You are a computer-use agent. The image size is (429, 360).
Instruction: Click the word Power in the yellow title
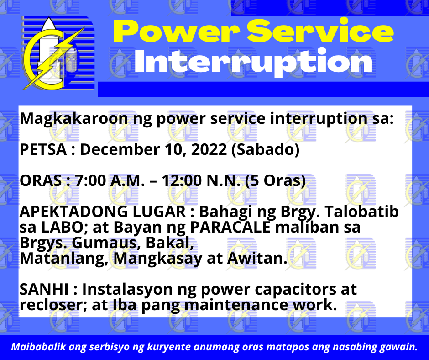pos(177,31)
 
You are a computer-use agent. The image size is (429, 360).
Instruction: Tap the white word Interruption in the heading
pos(253,62)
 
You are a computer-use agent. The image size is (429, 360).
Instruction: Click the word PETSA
pos(43,149)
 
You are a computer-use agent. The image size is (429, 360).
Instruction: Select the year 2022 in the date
pos(209,149)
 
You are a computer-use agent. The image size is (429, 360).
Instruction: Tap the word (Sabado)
pos(266,150)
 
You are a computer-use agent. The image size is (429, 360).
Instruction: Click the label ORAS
pos(41,181)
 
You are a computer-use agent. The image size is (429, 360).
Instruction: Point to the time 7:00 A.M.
pos(110,181)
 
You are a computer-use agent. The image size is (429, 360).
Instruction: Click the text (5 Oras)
pos(275,181)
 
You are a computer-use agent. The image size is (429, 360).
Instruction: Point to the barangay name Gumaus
pos(106,243)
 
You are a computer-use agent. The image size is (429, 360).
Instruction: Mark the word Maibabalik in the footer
pos(39,347)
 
